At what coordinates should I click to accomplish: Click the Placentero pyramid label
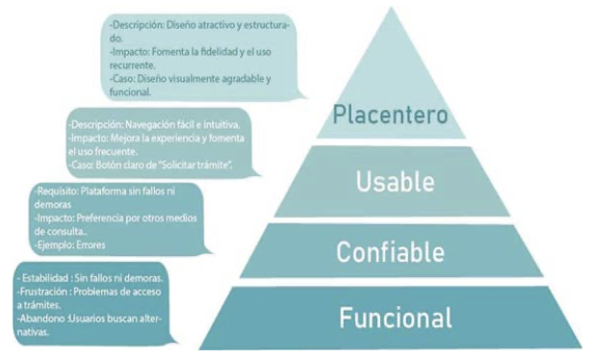pos(390,115)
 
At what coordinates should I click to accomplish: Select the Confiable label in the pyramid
pos(390,252)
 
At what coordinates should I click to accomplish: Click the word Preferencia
pos(107,219)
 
